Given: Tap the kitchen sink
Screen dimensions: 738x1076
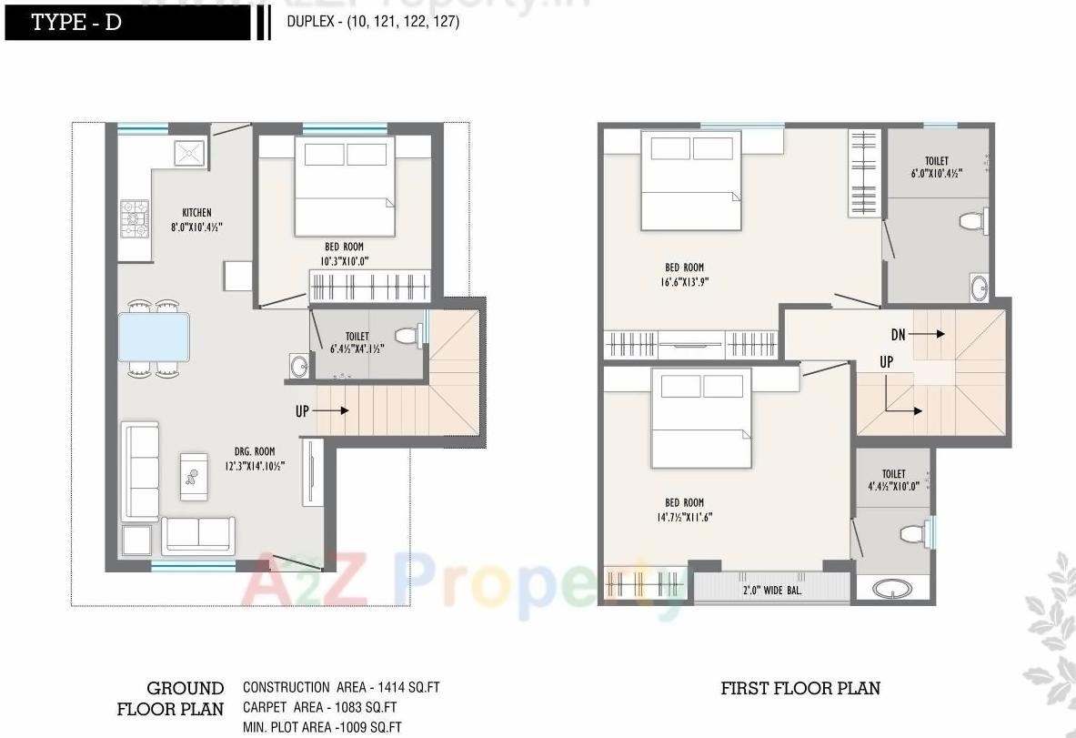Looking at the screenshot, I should coord(191,152).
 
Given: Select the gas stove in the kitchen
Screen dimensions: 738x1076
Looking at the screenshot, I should coord(134,218).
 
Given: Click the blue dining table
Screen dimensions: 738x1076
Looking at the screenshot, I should coord(154,338).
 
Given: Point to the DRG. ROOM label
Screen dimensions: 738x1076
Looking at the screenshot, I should coord(254,451).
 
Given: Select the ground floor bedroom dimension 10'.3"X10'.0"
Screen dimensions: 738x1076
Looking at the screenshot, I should coord(345,261).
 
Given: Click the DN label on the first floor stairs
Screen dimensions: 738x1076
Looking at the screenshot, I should coord(898,335).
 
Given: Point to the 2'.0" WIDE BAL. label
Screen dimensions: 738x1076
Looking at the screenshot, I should coord(772,590).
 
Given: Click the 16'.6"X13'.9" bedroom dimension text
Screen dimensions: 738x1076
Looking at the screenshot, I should coord(684,282).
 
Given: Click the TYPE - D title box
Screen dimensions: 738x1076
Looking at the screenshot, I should coord(127,23).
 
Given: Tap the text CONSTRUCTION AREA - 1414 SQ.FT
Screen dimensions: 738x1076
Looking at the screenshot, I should coord(340,688).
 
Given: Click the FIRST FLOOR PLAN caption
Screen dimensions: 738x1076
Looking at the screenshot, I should coord(800,688).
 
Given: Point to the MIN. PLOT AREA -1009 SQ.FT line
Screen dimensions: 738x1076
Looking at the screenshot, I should coord(322,727).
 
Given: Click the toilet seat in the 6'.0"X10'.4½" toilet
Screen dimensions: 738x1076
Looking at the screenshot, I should coord(972,220).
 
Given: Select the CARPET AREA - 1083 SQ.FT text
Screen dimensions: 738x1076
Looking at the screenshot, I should coord(319,707).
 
